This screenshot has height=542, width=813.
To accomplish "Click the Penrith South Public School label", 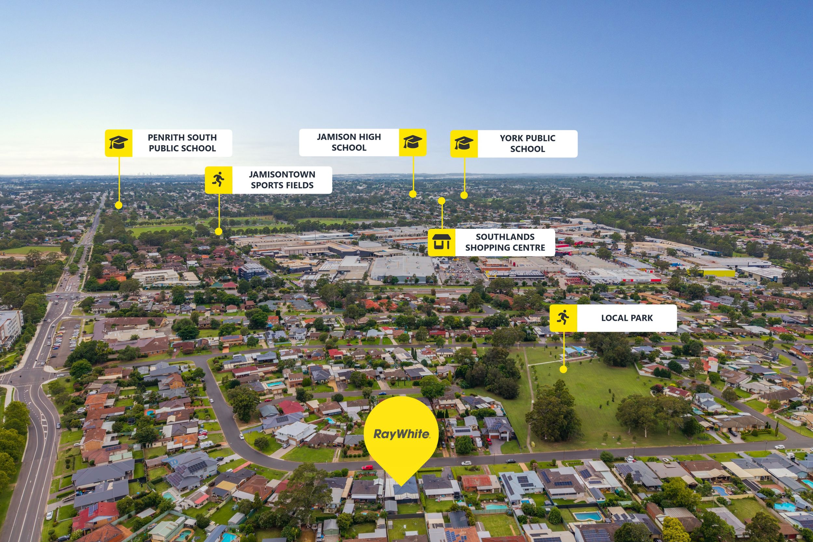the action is pyautogui.click(x=182, y=143).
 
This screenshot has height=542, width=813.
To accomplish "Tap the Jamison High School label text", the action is pyautogui.click(x=349, y=142).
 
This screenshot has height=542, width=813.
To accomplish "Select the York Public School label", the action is pyautogui.click(x=527, y=143).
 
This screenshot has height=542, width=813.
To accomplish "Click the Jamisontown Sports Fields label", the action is pyautogui.click(x=282, y=180).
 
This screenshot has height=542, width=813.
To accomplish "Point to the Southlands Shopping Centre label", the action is pyautogui.click(x=505, y=242).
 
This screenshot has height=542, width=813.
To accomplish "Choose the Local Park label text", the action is pyautogui.click(x=627, y=318).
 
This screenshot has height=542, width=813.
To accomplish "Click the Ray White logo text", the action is pyautogui.click(x=401, y=434).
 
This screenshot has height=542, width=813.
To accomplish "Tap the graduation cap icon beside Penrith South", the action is pyautogui.click(x=119, y=143).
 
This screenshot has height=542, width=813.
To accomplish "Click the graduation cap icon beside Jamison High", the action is pyautogui.click(x=413, y=142).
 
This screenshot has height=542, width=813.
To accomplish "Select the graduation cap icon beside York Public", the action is pyautogui.click(x=464, y=143).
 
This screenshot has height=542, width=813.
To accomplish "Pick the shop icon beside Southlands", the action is pyautogui.click(x=441, y=242).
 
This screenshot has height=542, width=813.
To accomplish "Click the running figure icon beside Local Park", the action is pyautogui.click(x=563, y=318).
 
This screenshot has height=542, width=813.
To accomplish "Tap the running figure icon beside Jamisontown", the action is pyautogui.click(x=219, y=180).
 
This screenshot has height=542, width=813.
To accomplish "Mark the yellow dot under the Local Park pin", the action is pyautogui.click(x=563, y=369).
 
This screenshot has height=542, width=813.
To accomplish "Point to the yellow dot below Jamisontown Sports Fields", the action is pyautogui.click(x=219, y=231).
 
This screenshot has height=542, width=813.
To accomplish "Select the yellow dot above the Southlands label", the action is pyautogui.click(x=441, y=201).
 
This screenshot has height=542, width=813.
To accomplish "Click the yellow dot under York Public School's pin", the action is pyautogui.click(x=464, y=195).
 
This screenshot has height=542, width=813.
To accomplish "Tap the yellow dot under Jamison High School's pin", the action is pyautogui.click(x=413, y=194).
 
